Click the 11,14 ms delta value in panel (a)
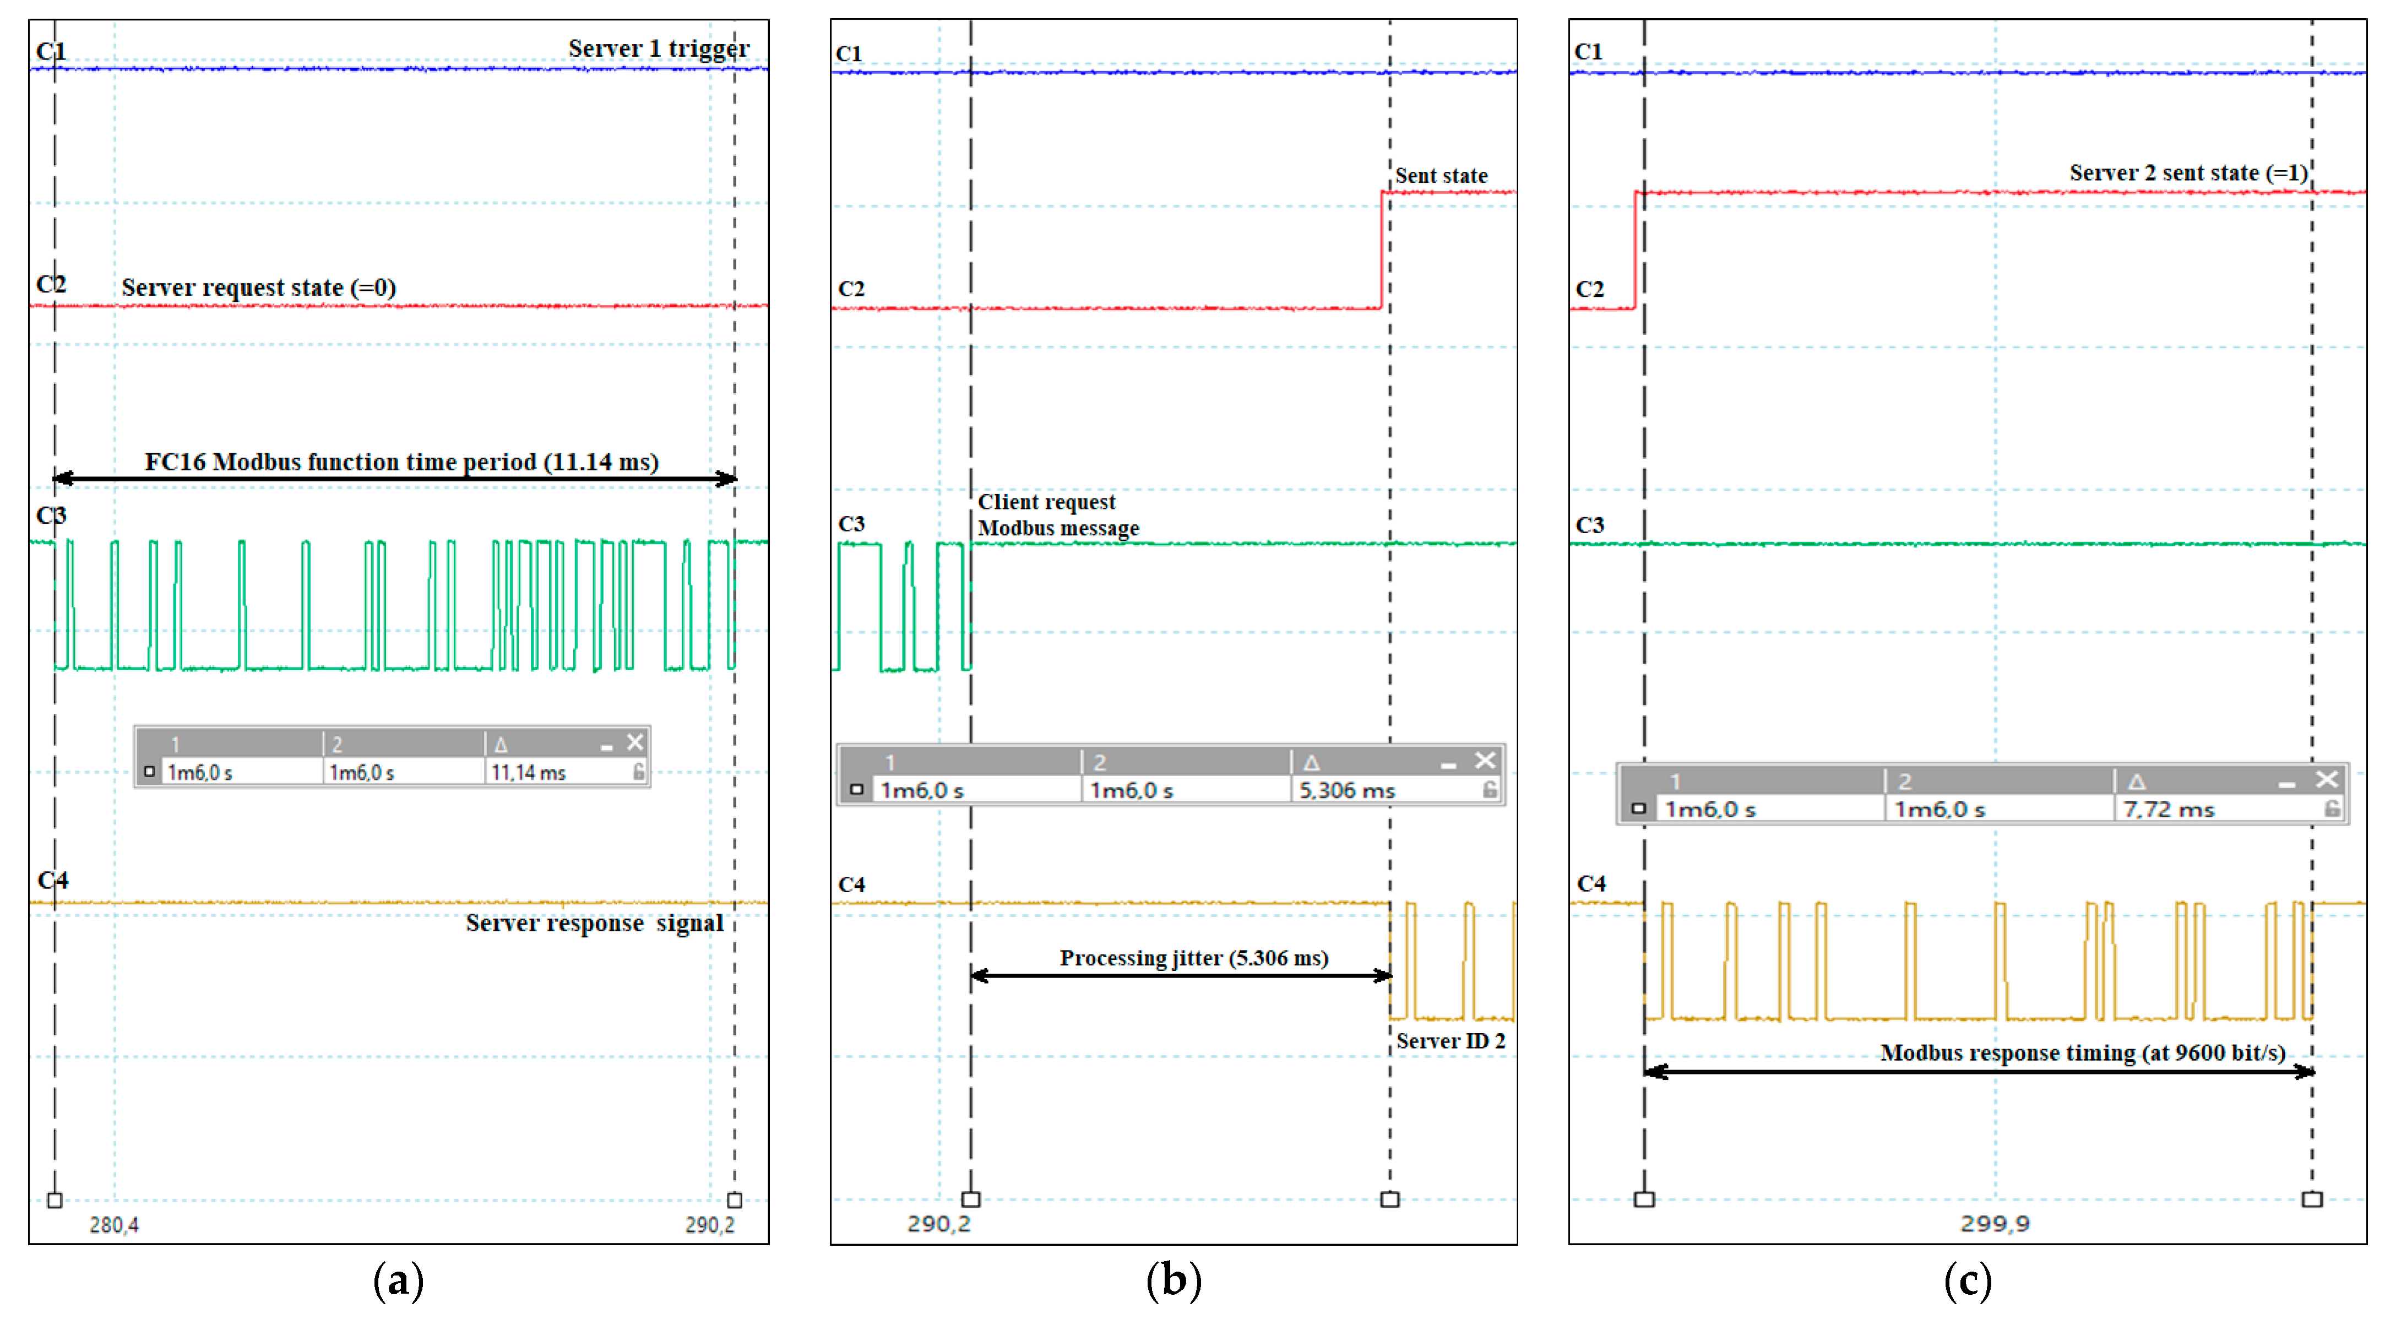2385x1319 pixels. click(528, 773)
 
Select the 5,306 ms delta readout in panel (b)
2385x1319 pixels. click(1346, 790)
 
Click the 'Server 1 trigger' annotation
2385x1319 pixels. click(658, 48)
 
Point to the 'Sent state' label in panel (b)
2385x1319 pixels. click(1441, 176)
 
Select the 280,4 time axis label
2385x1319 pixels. click(114, 1225)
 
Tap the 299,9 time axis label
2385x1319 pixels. click(1994, 1224)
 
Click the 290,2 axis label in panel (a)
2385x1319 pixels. click(709, 1225)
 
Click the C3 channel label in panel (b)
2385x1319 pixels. click(851, 524)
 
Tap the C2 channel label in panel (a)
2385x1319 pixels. click(51, 284)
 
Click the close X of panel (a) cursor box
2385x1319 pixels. click(634, 742)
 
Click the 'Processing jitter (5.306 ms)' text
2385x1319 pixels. click(1193, 958)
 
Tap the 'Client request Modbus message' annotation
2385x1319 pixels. click(1057, 514)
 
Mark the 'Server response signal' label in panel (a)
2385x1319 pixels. click(594, 923)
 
